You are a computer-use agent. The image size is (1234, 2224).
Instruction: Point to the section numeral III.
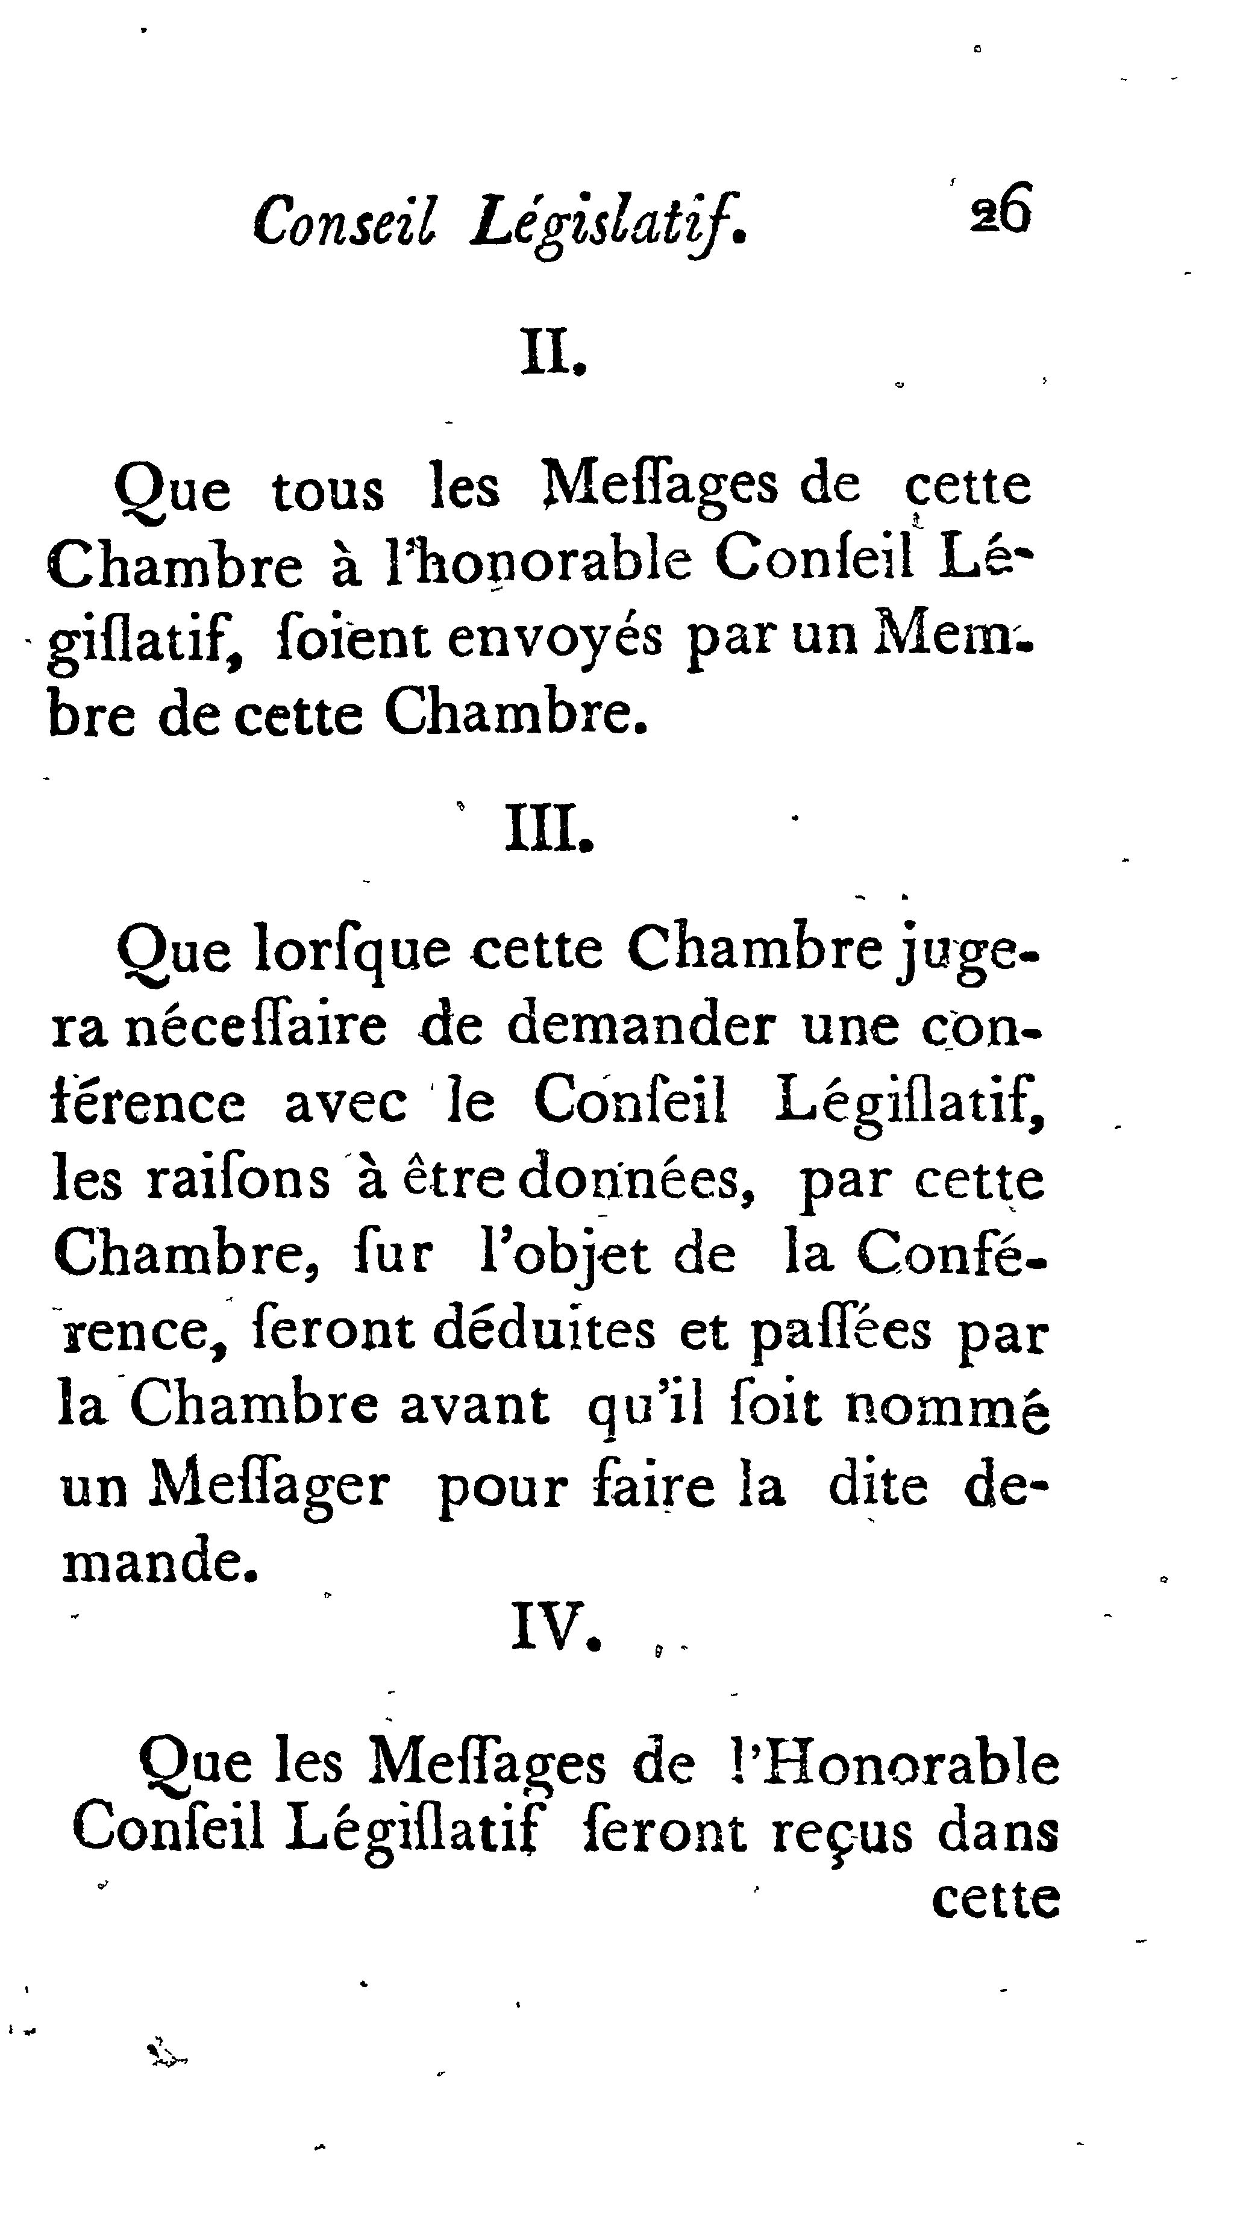coord(549,828)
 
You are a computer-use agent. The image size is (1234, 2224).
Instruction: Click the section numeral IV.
coord(556,1626)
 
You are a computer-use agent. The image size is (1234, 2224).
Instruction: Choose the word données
coord(638,1179)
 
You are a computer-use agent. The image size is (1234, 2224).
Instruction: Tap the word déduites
coord(544,1331)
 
